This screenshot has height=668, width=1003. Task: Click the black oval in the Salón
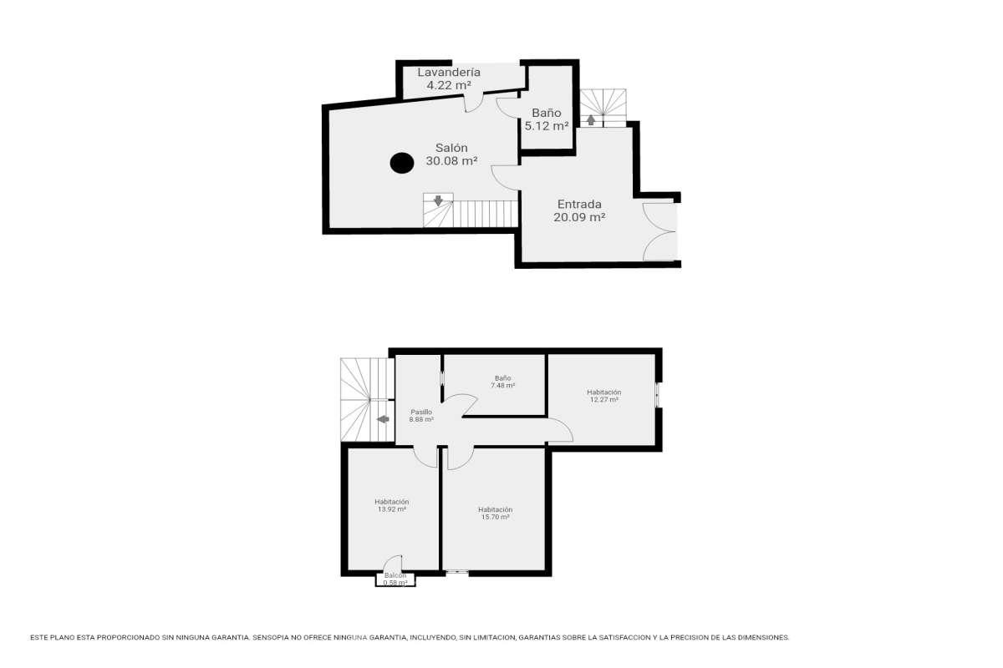coord(402,163)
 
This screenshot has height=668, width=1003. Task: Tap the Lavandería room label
coord(449,72)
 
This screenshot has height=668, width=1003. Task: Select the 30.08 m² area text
coord(451,160)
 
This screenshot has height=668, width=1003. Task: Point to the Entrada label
coord(579,204)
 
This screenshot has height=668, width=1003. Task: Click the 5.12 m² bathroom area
coord(547,126)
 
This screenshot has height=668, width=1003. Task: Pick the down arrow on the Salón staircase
coord(438,200)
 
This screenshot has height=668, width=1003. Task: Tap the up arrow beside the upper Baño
coord(591,120)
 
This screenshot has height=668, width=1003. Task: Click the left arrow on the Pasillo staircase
coord(383,419)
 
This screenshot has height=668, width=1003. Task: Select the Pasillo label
coord(421,412)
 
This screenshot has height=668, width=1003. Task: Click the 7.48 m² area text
coord(502,385)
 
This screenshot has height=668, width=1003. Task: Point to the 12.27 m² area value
coord(604,399)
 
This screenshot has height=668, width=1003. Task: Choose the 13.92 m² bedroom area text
coord(392,509)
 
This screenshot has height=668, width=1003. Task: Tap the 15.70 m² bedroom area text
coord(495,517)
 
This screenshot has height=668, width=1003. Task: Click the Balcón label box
coord(395,579)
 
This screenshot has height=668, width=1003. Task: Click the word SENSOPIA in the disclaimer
coord(271,638)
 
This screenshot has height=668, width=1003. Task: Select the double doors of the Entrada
coord(659,232)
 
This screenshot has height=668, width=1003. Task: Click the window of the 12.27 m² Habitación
coord(657,395)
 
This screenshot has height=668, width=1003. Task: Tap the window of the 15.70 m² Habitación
coord(457,572)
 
